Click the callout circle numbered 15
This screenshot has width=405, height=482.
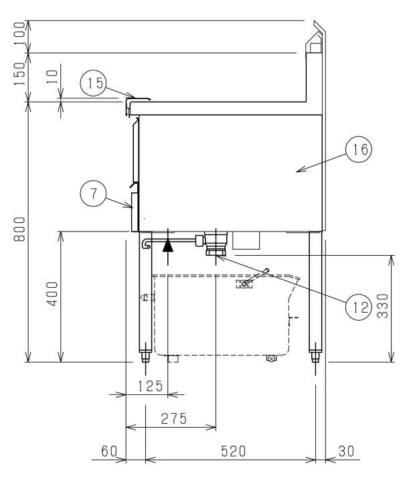coord(93,83)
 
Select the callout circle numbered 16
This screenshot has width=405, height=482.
coord(359,149)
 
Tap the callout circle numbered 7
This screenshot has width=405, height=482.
coord(93,193)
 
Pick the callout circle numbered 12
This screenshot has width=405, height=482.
coord(359,307)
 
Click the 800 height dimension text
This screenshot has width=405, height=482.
coord(19,229)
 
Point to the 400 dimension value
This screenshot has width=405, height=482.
coord(52,294)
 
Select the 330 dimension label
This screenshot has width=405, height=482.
coord(383,306)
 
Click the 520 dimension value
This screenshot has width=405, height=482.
coord(234,451)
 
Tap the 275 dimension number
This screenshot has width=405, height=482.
coord(174,418)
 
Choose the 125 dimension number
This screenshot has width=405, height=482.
coord(150,386)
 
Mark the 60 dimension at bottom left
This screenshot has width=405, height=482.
coord(109,451)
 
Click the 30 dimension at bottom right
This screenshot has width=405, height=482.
coord(346,451)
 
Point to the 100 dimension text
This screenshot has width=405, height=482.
coord(20,33)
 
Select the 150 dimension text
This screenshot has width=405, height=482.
coord(20,74)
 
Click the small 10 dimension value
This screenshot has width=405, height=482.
coord(53,76)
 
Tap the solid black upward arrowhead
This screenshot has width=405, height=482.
coord(168,246)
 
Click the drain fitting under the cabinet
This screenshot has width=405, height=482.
coord(216,244)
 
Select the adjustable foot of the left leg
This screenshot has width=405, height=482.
coord(145,357)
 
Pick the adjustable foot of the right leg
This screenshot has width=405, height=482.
coord(315,357)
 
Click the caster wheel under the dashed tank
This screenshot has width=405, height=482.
coord(271,358)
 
